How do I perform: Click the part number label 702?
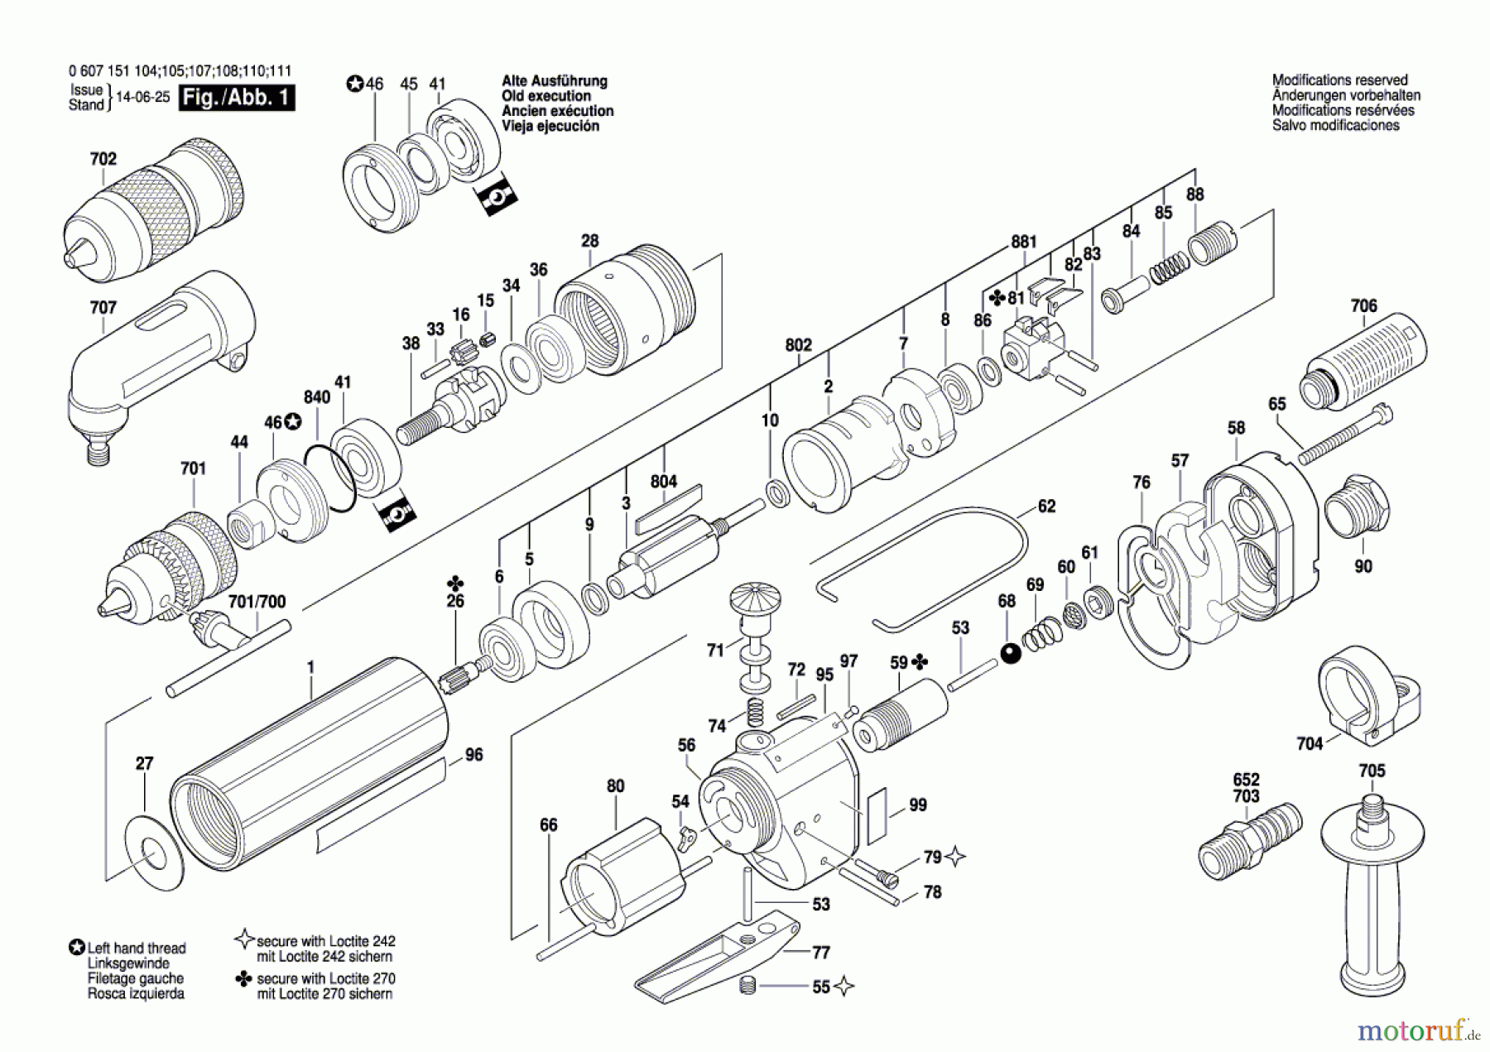tap(103, 159)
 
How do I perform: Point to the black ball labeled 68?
tap(1011, 654)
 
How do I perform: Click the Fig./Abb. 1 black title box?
tap(237, 98)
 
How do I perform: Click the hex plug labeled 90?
tap(1357, 506)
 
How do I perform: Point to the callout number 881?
tap(1023, 242)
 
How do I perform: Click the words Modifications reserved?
tap(1339, 80)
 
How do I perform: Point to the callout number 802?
tap(798, 345)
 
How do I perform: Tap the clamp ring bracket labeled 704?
tap(1366, 695)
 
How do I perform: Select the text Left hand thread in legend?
tap(137, 949)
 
